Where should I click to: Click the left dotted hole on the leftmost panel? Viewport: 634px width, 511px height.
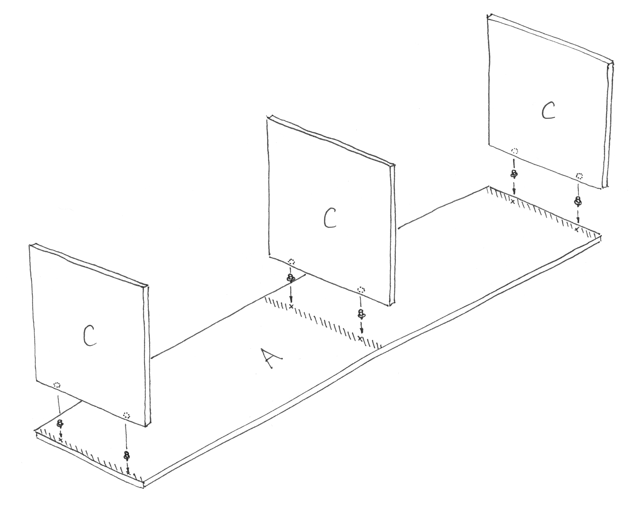click(x=57, y=386)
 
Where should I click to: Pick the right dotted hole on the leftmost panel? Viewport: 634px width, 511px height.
click(x=126, y=415)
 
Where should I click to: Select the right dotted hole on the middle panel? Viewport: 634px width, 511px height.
click(x=361, y=289)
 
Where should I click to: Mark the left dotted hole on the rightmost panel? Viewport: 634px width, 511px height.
click(x=515, y=151)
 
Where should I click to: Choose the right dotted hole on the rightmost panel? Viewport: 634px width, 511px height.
click(x=579, y=176)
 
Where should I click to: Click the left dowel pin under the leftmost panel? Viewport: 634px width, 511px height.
click(x=59, y=424)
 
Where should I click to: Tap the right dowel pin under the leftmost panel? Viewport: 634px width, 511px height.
click(x=127, y=456)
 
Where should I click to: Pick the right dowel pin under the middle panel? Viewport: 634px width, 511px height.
click(x=360, y=314)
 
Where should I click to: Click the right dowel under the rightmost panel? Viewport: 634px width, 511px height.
click(x=578, y=201)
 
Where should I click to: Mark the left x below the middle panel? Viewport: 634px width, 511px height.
click(x=291, y=306)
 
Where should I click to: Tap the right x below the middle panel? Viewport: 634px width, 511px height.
click(x=359, y=339)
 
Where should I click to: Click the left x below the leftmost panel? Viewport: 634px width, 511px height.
click(x=61, y=440)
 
